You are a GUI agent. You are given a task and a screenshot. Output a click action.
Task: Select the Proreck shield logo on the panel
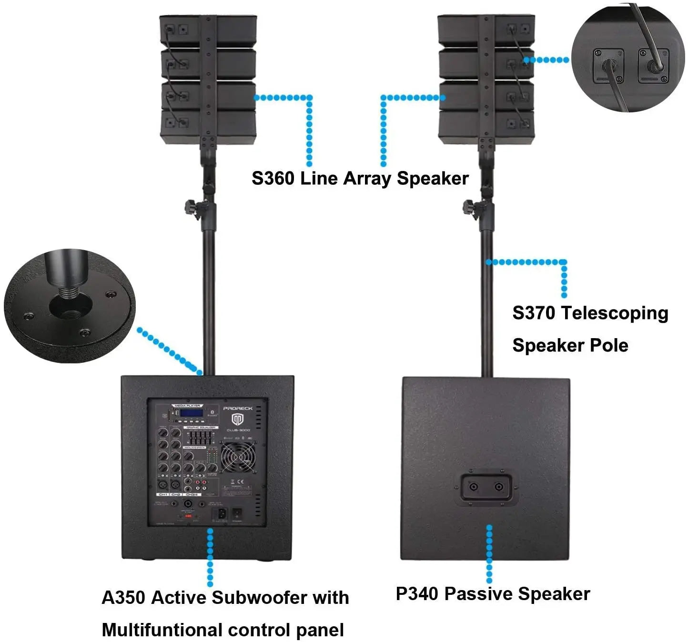pos(238,420)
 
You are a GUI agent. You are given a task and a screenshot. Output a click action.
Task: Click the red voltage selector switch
pos(188,516)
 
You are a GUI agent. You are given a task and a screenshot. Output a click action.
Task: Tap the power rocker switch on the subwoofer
pos(237,514)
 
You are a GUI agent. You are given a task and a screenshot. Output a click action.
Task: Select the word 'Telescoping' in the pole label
pos(615,313)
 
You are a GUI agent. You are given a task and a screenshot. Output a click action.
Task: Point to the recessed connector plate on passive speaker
pos(486,487)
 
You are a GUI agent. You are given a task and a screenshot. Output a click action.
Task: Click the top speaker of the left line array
pos(208,31)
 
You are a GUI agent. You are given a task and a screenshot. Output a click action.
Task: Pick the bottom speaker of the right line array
pos(486,127)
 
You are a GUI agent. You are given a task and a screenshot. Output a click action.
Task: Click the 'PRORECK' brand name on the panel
pos(238,409)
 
